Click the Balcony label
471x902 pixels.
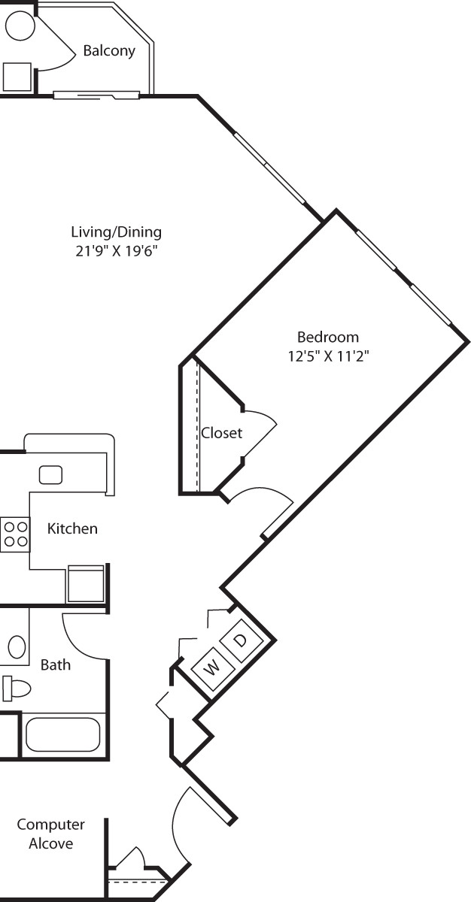pos(109,51)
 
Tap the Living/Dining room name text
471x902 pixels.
pos(116,232)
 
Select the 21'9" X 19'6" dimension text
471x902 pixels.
pos(116,250)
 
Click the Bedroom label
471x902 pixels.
pos(327,337)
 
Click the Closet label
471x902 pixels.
pos(221,433)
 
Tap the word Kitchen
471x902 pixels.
pos(72,528)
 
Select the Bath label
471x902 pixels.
pos(56,664)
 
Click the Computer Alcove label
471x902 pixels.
pos(51,834)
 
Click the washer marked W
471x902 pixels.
pos(212,667)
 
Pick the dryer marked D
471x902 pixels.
pos(241,640)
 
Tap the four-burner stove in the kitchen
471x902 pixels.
pos(14,534)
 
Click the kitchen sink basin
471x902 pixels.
pos(50,474)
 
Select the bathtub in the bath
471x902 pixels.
pos(62,735)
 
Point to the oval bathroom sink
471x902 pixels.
pos(17,646)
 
